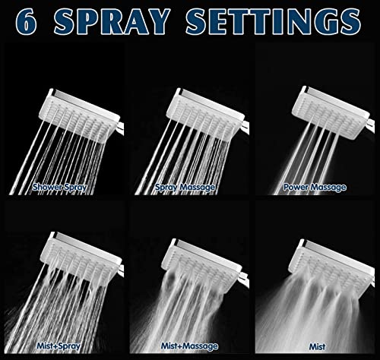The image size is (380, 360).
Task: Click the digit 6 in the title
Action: click(26, 21)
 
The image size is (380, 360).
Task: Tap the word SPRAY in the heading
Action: click(112, 21)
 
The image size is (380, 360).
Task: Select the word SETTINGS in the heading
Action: click(274, 21)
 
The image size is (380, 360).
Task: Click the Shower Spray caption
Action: click(59, 188)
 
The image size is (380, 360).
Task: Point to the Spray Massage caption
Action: click(185, 188)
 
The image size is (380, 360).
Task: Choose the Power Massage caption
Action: click(315, 188)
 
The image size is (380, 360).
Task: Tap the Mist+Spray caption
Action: click(59, 346)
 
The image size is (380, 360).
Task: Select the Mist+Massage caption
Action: click(189, 346)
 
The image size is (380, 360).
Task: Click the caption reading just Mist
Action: click(318, 346)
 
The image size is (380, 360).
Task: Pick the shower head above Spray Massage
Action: click(207, 114)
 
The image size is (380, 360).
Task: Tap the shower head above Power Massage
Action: click(333, 112)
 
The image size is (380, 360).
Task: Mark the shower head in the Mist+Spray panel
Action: click(81, 260)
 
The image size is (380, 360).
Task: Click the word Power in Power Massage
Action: click(296, 187)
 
